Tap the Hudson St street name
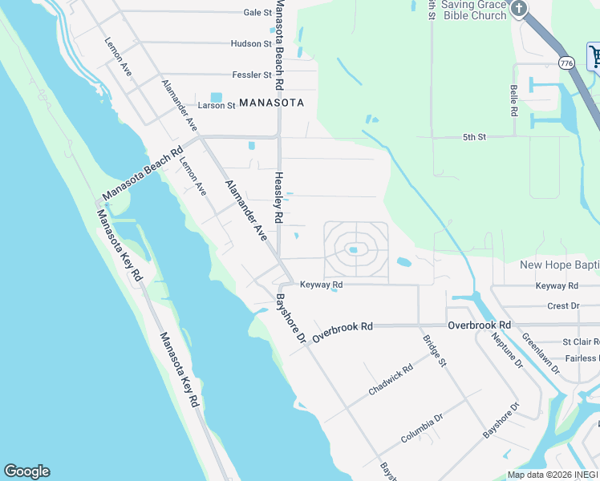click(x=251, y=44)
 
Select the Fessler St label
click(x=251, y=75)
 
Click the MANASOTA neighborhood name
click(x=272, y=103)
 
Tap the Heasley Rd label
click(x=278, y=197)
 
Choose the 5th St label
click(x=474, y=137)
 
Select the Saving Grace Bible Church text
click(x=474, y=10)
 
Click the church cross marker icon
click(x=519, y=9)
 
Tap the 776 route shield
click(x=567, y=63)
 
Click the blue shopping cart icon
click(x=595, y=56)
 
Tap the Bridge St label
click(x=434, y=351)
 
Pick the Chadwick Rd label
click(x=391, y=379)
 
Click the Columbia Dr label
click(x=422, y=428)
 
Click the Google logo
click(x=26, y=471)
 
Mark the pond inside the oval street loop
click(x=353, y=251)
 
